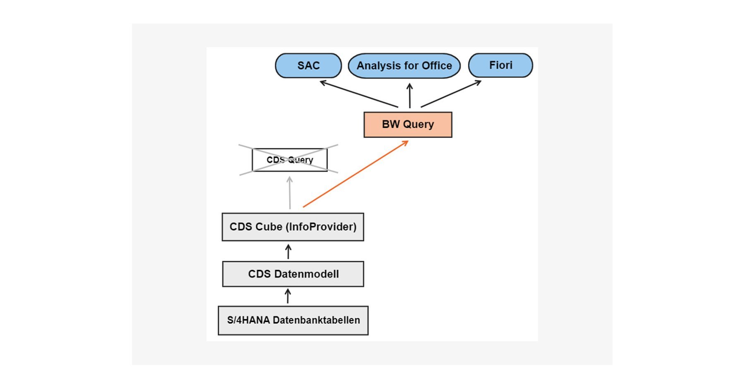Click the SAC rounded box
point(308,65)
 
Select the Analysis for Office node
point(404,66)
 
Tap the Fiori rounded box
point(500,65)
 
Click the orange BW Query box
point(408,125)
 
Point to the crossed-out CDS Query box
point(290,160)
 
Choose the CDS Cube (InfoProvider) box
point(293,227)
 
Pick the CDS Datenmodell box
point(293,274)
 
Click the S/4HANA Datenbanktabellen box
point(293,320)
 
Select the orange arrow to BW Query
point(356,174)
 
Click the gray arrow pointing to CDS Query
point(290,193)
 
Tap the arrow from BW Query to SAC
point(359,94)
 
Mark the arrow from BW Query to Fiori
point(451,93)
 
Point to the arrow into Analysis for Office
point(410,96)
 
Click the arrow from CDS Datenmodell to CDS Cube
point(288,251)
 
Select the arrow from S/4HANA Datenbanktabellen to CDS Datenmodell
point(288,296)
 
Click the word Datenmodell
point(307,274)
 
